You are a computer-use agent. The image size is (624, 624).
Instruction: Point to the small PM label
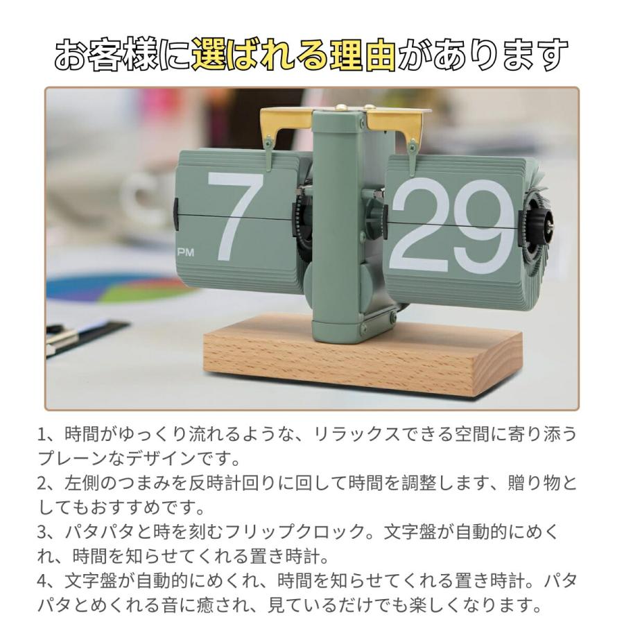pyautogui.click(x=186, y=253)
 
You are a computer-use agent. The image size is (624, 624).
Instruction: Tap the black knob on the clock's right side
pyautogui.click(x=543, y=220)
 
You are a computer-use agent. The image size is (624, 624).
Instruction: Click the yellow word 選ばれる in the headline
pyautogui.click(x=261, y=55)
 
